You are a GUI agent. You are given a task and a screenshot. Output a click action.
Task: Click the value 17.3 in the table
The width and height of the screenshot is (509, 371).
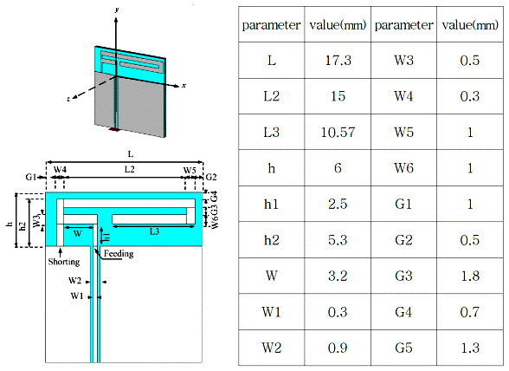click(338, 61)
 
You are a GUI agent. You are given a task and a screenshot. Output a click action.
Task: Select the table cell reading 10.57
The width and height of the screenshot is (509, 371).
click(338, 132)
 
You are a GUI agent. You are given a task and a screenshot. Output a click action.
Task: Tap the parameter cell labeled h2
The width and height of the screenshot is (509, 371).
click(272, 240)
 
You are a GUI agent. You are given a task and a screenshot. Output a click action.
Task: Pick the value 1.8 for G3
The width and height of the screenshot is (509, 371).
click(470, 276)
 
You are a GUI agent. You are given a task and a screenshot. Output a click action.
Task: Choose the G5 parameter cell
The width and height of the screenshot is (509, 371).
click(403, 348)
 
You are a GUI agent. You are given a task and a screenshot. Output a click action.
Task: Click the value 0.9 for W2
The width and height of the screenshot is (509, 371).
click(338, 348)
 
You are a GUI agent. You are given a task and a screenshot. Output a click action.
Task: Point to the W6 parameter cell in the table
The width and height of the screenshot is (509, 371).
click(403, 168)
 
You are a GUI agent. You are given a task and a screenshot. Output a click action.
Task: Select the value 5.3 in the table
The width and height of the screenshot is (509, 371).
click(338, 240)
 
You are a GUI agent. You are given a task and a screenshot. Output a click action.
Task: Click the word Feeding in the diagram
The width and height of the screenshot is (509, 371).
click(119, 254)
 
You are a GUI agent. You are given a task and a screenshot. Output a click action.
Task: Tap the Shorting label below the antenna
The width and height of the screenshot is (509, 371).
click(64, 262)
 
